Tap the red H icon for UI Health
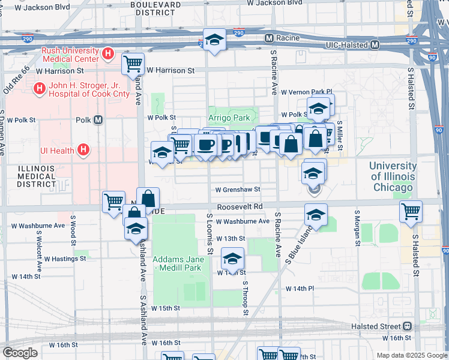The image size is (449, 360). point(83,149)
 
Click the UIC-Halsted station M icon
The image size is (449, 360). point(375,45)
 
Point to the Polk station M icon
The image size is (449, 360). point(98,120)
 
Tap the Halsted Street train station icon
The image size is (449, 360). point(408,326)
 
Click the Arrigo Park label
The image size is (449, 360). point(229,118)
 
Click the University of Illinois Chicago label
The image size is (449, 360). point(393,176)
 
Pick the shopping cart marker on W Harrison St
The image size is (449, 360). point(133,62)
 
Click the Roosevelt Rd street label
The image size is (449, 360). point(240,206)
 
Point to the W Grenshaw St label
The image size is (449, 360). point(238,189)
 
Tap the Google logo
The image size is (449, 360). point(20,353)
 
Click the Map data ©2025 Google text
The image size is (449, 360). point(411,355)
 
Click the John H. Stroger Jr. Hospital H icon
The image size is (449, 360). point(39,89)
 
